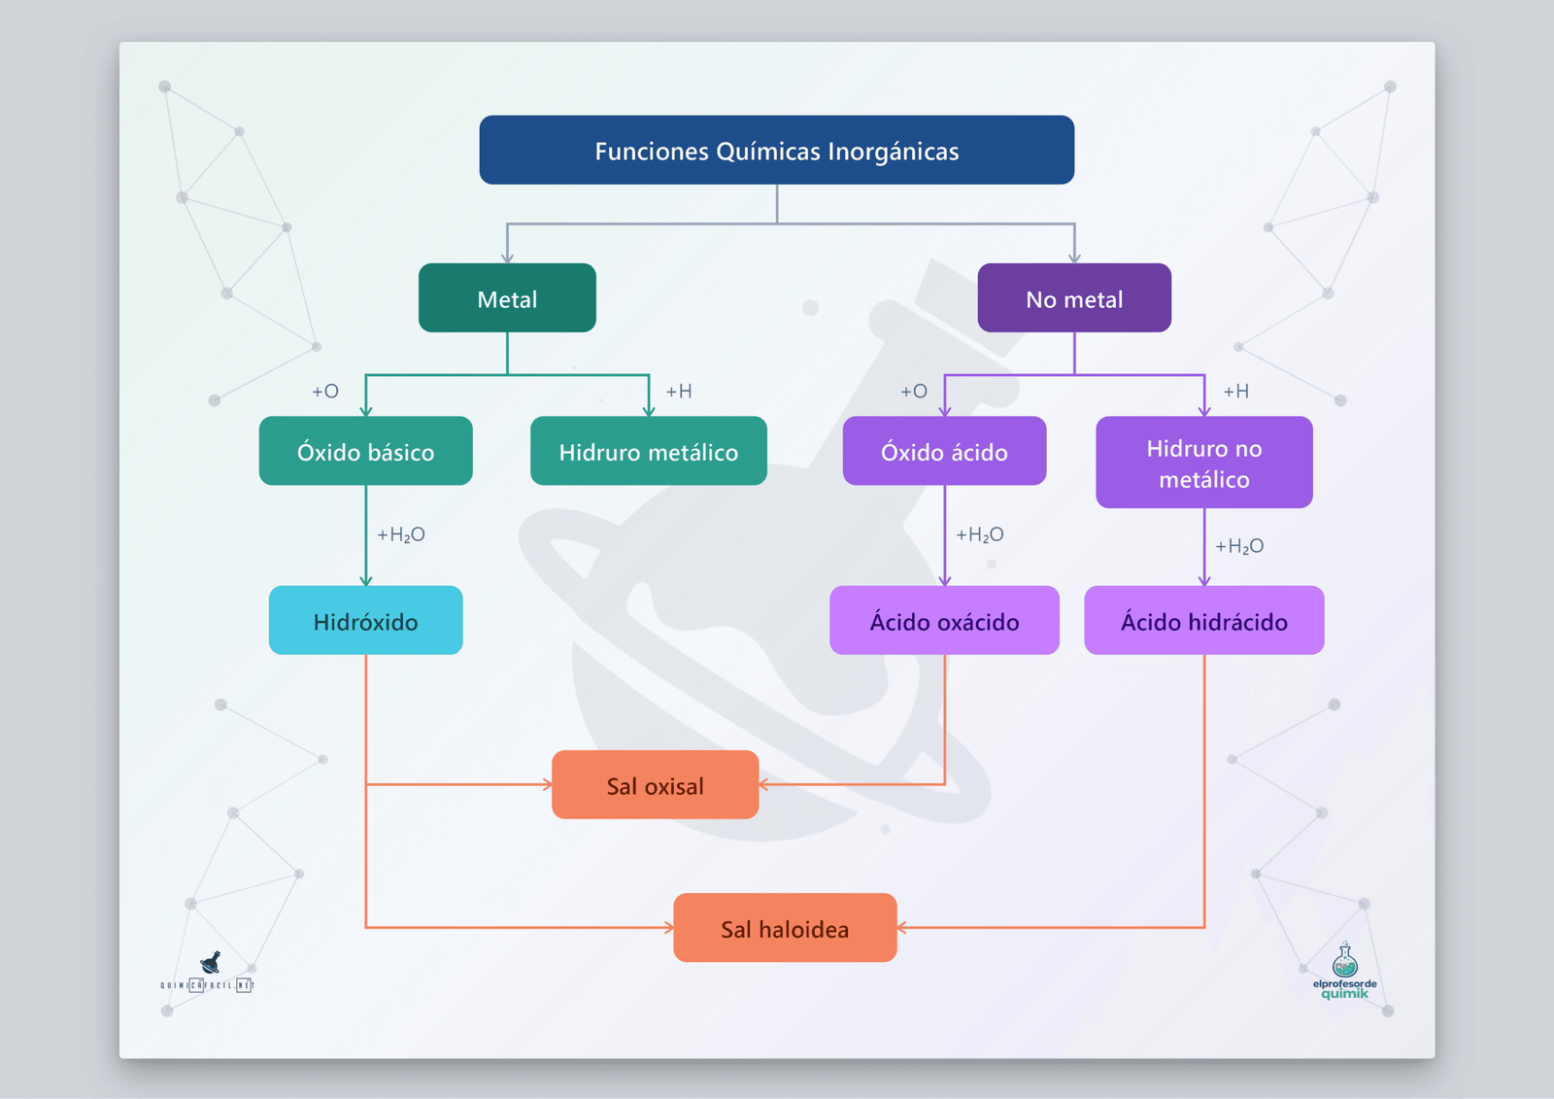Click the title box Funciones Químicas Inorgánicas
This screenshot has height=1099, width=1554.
(x=776, y=151)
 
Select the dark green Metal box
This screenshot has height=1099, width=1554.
(x=507, y=298)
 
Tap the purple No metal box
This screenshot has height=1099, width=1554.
(x=1073, y=298)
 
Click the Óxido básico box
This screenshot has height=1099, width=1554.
(x=365, y=451)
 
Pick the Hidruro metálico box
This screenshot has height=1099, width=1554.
(x=648, y=451)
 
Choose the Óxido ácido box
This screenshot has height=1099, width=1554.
(x=944, y=451)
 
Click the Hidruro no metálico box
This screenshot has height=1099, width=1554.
(x=1203, y=463)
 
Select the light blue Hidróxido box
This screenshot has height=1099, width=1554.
(x=365, y=620)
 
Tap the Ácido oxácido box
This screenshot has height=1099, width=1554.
(x=944, y=620)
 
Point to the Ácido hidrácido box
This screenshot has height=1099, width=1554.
(x=1203, y=620)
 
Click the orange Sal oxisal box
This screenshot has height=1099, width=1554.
(x=655, y=785)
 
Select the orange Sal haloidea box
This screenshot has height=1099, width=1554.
(x=785, y=928)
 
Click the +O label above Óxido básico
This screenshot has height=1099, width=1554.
(x=324, y=392)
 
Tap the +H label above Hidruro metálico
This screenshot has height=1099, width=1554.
(x=678, y=392)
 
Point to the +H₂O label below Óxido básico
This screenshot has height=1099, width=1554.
(x=400, y=534)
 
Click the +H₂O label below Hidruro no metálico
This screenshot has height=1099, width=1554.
(x=1238, y=546)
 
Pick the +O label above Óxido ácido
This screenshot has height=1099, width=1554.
(x=913, y=392)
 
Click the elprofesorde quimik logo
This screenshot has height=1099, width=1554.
(x=1344, y=972)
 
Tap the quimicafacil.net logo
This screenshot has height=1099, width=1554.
(x=208, y=973)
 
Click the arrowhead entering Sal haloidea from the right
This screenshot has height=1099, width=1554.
(x=902, y=928)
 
